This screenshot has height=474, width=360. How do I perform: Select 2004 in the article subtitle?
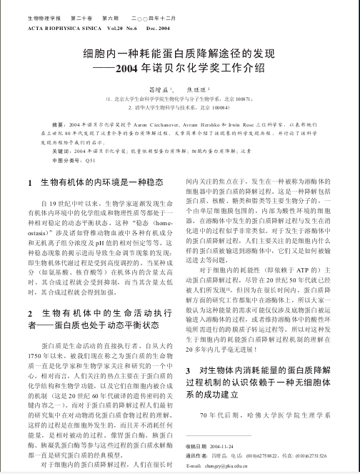(x=134, y=69)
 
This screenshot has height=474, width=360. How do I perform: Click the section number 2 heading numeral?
(x=28, y=314)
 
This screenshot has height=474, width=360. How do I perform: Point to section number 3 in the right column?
(x=188, y=372)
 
